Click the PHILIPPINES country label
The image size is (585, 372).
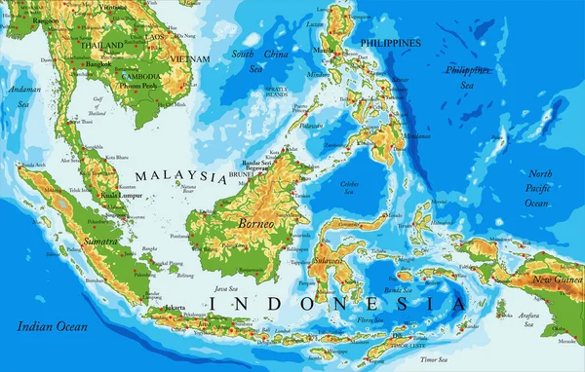click(390, 44)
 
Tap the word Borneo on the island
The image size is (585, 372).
click(257, 223)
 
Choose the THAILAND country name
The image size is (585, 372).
click(102, 46)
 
